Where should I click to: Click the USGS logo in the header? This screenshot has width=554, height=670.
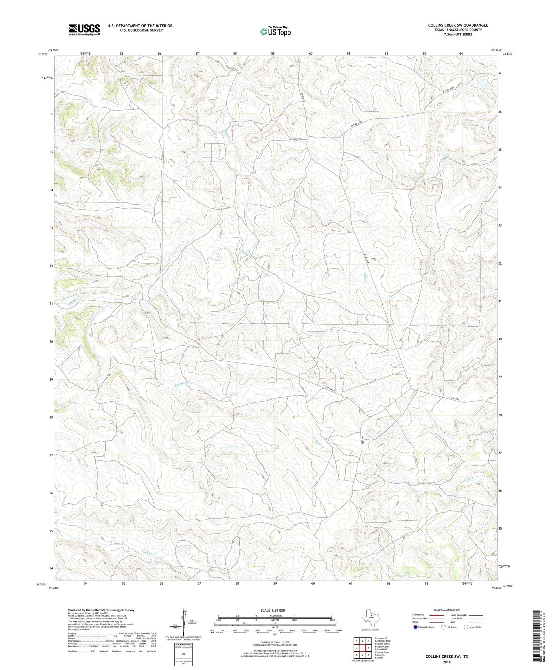pos(84,30)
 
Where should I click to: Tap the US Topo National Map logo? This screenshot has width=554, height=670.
pos(275,31)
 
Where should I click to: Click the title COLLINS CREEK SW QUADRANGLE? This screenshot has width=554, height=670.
pos(458,25)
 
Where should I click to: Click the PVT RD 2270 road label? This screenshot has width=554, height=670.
pos(295,139)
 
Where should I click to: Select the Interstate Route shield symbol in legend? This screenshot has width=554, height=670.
pos(415,627)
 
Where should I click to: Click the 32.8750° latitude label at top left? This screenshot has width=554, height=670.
pos(43,54)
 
